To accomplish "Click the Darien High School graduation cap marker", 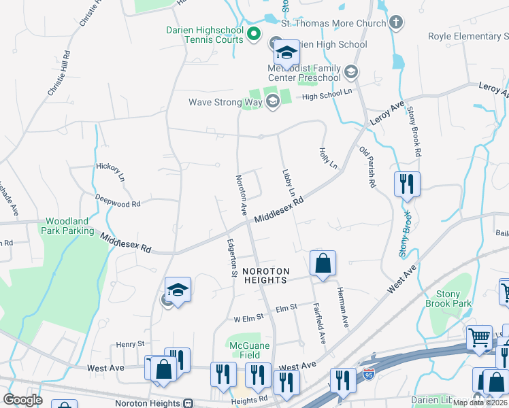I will (x=287, y=52).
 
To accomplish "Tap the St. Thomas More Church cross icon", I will (x=396, y=22).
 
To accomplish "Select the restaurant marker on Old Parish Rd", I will (x=407, y=184).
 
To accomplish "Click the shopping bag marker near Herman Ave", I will (x=323, y=263).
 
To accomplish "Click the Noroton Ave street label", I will (x=240, y=194).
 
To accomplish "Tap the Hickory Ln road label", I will (x=110, y=171).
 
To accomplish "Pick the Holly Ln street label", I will (x=328, y=157).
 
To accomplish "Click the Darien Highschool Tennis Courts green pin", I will (x=254, y=33).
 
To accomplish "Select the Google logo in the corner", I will (x=22, y=400).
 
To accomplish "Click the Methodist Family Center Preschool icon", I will (x=351, y=71).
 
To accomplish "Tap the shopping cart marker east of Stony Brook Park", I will (x=479, y=337).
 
